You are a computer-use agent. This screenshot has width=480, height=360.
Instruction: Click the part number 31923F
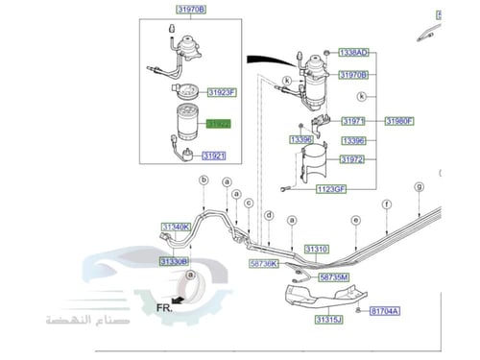[219, 92]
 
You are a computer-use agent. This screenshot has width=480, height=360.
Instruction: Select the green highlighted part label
[218, 124]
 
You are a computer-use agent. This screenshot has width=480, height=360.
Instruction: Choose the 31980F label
[399, 121]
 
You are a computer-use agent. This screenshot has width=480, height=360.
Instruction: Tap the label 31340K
[177, 227]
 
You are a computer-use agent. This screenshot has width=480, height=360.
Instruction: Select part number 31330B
[175, 261]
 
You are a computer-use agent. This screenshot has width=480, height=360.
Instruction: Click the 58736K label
[262, 262]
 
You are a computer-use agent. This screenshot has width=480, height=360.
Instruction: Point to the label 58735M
[333, 276]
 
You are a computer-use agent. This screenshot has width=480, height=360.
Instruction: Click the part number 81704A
[387, 311]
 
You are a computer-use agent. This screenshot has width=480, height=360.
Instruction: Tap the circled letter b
[204, 180]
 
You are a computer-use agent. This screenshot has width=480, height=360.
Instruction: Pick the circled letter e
[355, 220]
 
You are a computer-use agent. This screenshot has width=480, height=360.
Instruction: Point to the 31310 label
[317, 249]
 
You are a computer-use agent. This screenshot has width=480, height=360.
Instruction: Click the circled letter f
[385, 204]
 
